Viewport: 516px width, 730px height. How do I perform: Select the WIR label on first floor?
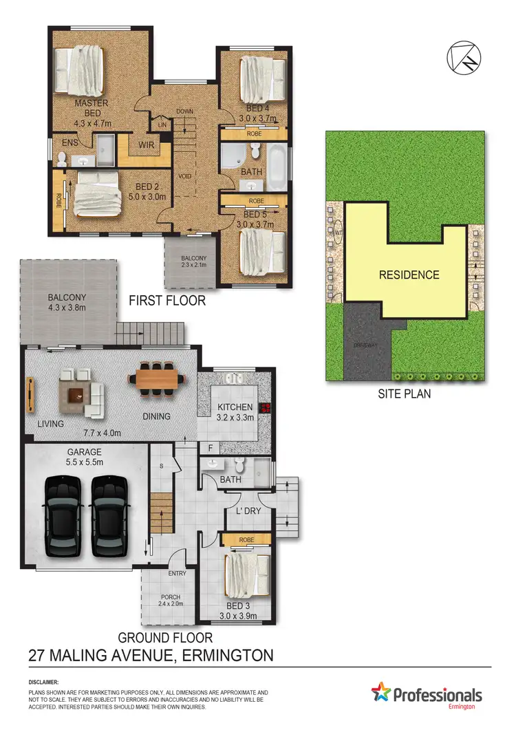[146, 145]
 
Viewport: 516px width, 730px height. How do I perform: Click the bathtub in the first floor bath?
[277, 167]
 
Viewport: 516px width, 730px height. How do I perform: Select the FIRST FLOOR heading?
[167, 301]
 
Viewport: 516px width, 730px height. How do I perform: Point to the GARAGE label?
[85, 452]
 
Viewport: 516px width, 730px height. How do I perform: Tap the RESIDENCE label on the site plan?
[409, 275]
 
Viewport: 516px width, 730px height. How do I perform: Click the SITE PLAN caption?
[405, 395]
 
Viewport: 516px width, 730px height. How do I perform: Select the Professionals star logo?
[380, 693]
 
